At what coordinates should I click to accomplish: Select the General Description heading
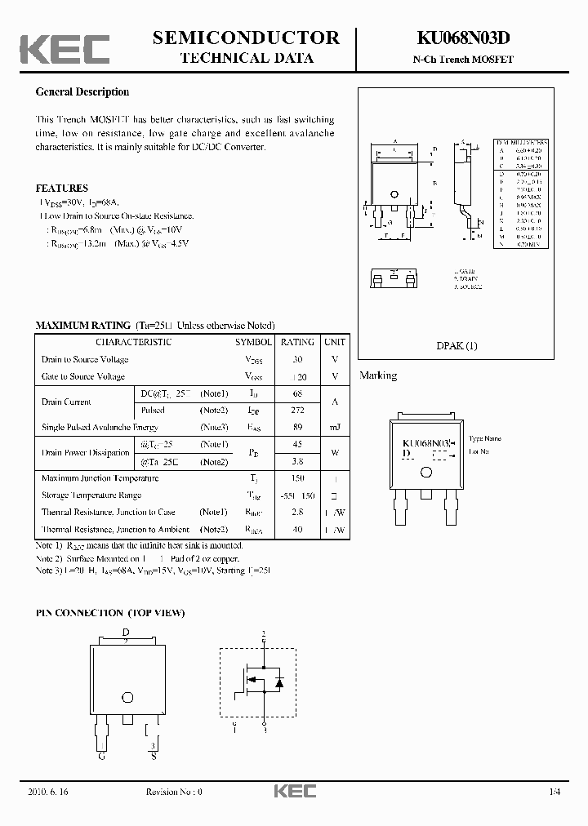pyautogui.click(x=82, y=92)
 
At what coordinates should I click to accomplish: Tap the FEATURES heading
pyautogui.click(x=61, y=189)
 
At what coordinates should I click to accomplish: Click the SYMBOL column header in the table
pyautogui.click(x=254, y=342)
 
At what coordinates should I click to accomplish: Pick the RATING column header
pyautogui.click(x=297, y=342)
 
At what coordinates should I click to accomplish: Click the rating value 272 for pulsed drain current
pyautogui.click(x=297, y=411)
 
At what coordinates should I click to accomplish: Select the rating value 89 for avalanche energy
pyautogui.click(x=297, y=428)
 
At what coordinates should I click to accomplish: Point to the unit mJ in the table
pyautogui.click(x=335, y=428)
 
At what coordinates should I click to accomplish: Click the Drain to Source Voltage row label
pyautogui.click(x=84, y=359)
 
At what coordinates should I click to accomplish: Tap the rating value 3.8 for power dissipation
pyautogui.click(x=297, y=461)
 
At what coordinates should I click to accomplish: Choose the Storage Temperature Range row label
pyautogui.click(x=91, y=495)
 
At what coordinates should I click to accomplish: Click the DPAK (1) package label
pyautogui.click(x=457, y=345)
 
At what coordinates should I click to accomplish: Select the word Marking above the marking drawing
pyautogui.click(x=378, y=375)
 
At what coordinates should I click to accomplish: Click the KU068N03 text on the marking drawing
pyautogui.click(x=425, y=442)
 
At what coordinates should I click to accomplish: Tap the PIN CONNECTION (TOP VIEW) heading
pyautogui.click(x=110, y=612)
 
